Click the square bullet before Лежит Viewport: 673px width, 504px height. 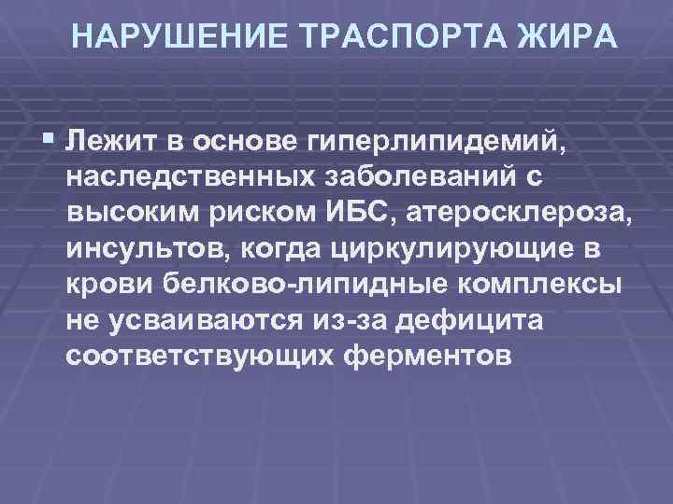click(x=49, y=141)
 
